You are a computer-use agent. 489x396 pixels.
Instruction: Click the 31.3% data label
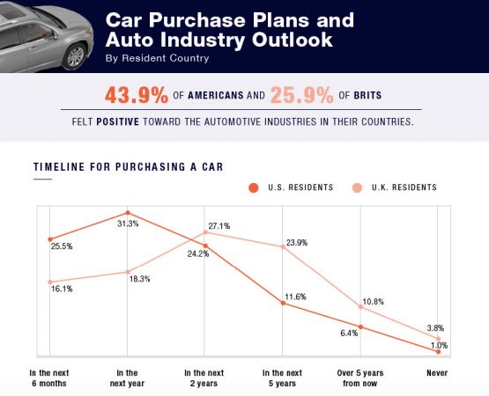(x=128, y=224)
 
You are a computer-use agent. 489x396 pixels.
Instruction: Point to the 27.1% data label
(x=219, y=226)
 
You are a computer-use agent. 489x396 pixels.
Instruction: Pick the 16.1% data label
(x=61, y=289)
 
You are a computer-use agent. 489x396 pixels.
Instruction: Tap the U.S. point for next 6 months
(x=50, y=239)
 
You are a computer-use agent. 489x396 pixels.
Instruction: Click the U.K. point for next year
(x=128, y=272)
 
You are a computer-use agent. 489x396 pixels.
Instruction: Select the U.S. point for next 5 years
(x=283, y=303)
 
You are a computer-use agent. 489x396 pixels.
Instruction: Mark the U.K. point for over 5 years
(x=360, y=306)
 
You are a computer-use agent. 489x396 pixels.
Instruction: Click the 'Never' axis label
(x=437, y=373)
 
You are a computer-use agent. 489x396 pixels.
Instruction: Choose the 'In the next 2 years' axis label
(x=205, y=378)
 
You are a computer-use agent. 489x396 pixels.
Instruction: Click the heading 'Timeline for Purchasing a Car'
(x=128, y=167)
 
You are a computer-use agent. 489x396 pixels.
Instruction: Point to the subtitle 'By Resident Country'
(x=157, y=58)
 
